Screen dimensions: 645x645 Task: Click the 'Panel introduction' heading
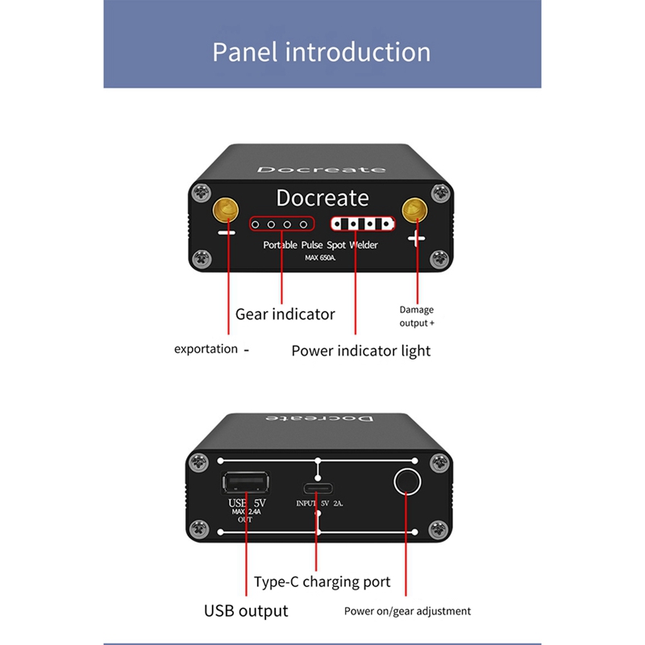(322, 52)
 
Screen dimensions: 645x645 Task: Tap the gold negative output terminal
(227, 210)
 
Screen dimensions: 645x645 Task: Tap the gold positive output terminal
(416, 210)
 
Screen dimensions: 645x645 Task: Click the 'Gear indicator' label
(285, 314)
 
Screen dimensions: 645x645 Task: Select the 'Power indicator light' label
(360, 351)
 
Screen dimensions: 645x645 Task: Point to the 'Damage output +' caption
(417, 316)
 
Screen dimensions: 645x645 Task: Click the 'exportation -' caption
(212, 349)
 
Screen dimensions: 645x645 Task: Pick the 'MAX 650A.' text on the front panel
(322, 258)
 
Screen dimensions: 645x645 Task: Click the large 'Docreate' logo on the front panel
(322, 198)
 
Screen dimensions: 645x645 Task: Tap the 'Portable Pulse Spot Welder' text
(320, 244)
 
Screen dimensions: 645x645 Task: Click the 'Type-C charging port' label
(322, 581)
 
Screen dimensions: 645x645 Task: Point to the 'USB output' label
(245, 610)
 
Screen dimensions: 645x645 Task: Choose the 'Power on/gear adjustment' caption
(407, 610)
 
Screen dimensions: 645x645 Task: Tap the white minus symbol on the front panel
(227, 233)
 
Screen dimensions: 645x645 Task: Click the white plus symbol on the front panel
(417, 239)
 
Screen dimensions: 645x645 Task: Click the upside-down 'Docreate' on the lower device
(320, 421)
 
